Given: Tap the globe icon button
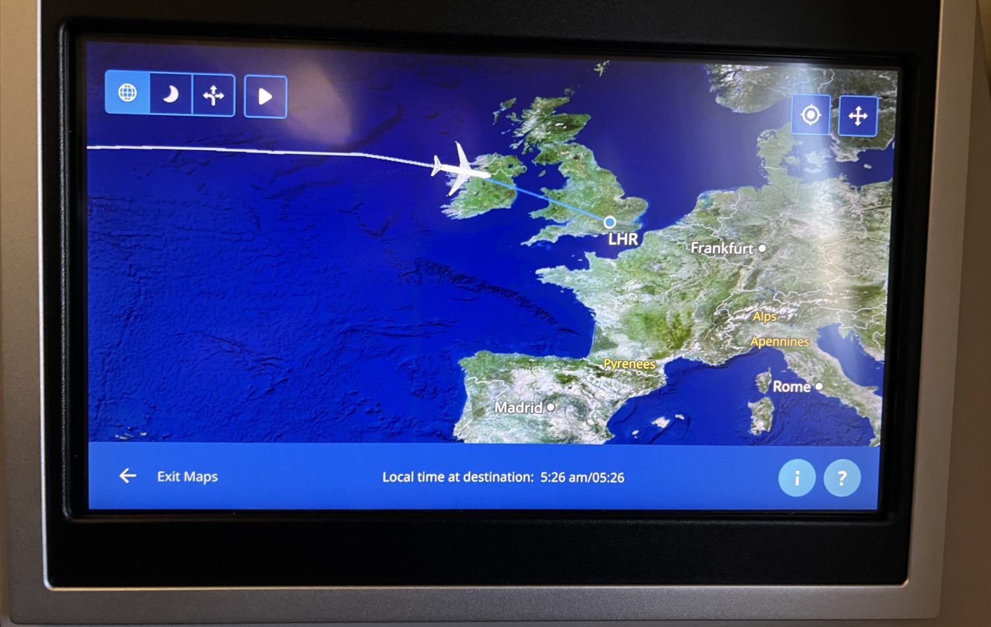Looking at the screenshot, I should (x=128, y=93).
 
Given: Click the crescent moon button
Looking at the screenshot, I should (x=170, y=95).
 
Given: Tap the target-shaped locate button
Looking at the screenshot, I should (x=811, y=115).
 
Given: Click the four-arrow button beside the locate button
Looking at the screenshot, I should (x=858, y=116).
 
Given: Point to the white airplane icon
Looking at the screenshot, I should (x=459, y=169).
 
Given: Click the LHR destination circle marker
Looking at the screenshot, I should (x=610, y=222).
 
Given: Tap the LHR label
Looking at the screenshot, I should (x=623, y=239).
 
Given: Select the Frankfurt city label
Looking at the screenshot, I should (x=721, y=248).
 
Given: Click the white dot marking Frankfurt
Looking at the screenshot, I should (x=762, y=248).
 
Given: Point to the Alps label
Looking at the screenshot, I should (x=764, y=316).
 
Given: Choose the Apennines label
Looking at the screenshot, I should (x=780, y=342).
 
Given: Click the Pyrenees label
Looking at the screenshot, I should (x=629, y=364).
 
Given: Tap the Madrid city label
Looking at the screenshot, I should (x=519, y=408).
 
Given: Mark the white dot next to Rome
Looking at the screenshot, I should (x=819, y=387).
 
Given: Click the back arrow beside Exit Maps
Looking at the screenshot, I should (x=128, y=476).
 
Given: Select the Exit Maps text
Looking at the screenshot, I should (x=187, y=476).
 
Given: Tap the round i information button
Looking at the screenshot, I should (x=797, y=478).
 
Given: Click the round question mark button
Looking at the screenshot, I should (x=842, y=478).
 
